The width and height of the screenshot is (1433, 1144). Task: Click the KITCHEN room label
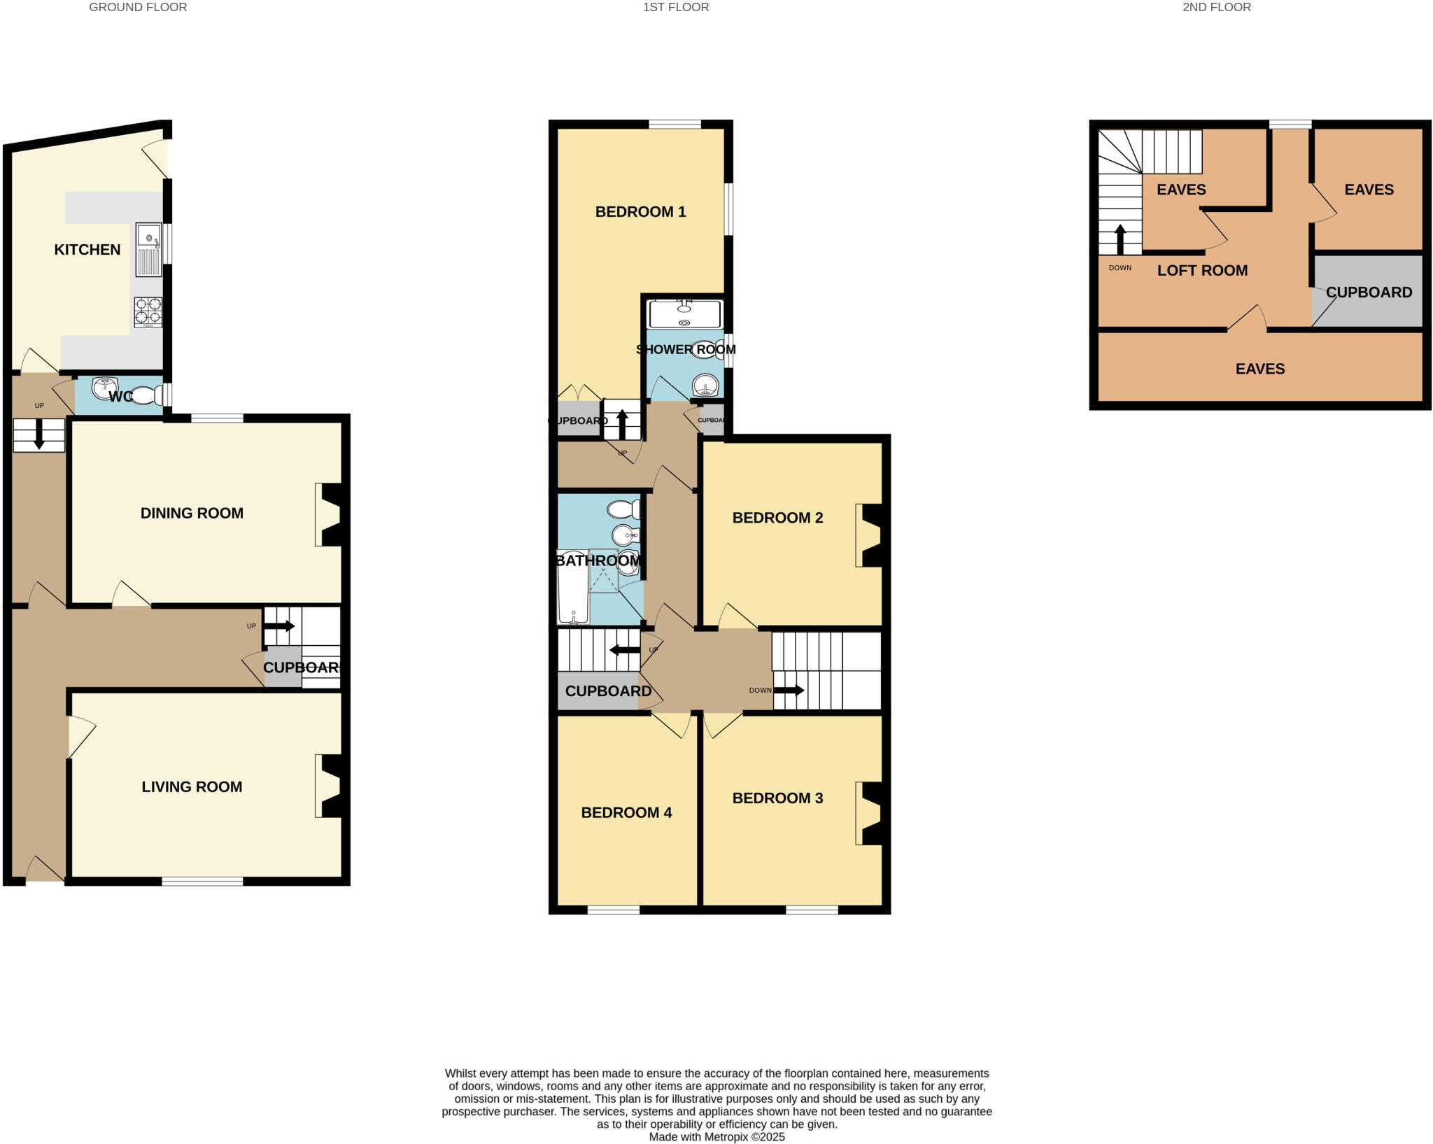(x=87, y=250)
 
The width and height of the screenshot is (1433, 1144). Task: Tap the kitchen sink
(x=148, y=249)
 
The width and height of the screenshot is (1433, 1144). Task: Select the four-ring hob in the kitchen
(x=148, y=312)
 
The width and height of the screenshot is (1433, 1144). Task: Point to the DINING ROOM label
(x=192, y=513)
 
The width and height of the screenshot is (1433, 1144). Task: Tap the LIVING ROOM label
(x=192, y=786)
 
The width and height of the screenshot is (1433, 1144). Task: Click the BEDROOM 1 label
(x=640, y=212)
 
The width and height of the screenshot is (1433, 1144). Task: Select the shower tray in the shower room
(x=684, y=314)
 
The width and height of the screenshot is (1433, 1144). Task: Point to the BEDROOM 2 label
(x=777, y=518)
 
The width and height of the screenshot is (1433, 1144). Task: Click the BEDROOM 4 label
(x=626, y=812)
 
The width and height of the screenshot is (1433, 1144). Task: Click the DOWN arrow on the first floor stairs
(x=789, y=690)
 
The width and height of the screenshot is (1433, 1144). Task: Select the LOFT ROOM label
(x=1202, y=271)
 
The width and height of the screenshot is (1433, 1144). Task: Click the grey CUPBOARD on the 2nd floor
(x=1369, y=292)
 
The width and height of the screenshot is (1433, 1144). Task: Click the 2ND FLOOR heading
(x=1217, y=8)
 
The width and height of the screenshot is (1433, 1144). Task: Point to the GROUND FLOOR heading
(x=138, y=8)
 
